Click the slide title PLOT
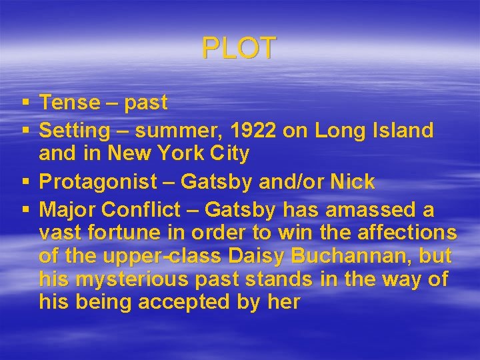coord(239,49)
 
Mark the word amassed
coord(364,210)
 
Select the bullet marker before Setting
coord(25,130)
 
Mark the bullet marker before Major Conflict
coord(25,210)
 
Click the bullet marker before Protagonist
coord(25,181)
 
